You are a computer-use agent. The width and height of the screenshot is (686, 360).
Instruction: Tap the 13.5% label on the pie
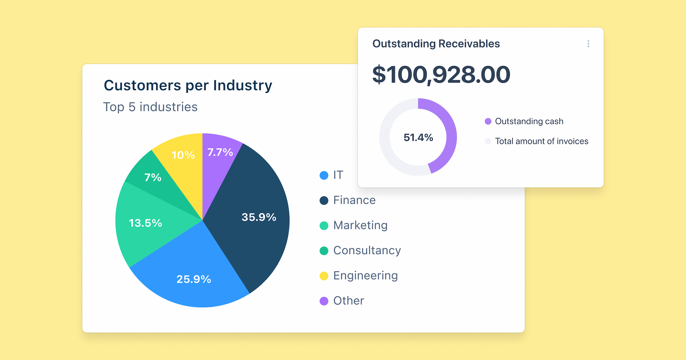coord(145,223)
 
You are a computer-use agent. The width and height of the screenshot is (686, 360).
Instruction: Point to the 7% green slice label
coord(153,177)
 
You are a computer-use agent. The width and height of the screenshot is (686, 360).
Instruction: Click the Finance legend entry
coord(354,200)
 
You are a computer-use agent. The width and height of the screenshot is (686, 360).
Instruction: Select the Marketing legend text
coord(360,225)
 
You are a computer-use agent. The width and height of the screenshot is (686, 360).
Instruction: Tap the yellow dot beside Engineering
coord(324,276)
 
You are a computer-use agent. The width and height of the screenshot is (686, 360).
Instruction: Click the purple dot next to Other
coord(324,301)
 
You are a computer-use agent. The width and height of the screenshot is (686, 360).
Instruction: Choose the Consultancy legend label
coord(367,251)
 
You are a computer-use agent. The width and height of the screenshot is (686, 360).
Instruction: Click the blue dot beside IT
coord(324,175)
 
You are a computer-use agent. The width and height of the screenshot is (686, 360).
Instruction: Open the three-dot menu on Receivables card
coord(588,44)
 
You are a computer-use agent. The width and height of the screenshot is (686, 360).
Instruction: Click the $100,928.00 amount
coord(441,75)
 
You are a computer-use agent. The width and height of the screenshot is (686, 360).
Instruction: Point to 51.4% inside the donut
coord(418,137)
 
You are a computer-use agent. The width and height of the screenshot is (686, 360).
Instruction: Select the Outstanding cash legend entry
coord(529,121)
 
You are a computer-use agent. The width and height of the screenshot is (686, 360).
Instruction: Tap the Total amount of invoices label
coord(541,141)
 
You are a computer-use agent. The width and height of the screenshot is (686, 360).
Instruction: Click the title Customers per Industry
coord(188,86)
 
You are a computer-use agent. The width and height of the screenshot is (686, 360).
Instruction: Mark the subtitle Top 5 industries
coord(150,107)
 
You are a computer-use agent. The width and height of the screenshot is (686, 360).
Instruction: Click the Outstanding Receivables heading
coord(436,44)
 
